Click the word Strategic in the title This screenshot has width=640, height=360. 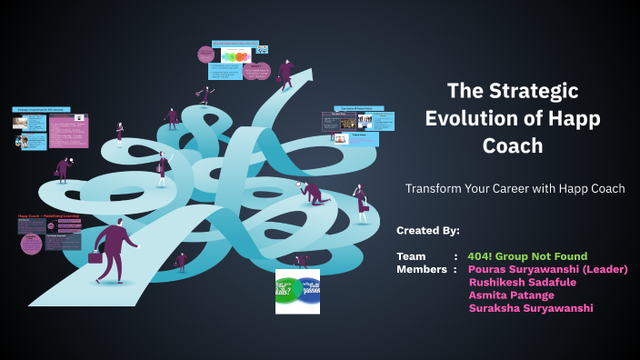[x=541, y=91]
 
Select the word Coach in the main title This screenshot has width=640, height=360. [x=513, y=146]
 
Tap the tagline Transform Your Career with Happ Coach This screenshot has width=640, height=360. [x=515, y=189]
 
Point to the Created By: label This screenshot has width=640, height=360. [x=428, y=230]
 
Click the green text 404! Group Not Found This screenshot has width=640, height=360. [x=527, y=256]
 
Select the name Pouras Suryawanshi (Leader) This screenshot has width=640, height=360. [x=547, y=269]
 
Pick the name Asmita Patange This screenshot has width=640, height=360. [x=510, y=295]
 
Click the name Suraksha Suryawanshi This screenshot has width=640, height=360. [x=531, y=308]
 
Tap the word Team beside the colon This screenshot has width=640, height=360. [x=412, y=256]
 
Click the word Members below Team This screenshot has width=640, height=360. [x=420, y=269]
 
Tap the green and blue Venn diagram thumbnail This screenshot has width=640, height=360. [x=297, y=291]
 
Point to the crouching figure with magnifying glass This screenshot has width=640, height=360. [x=312, y=191]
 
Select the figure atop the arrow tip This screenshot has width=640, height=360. [x=286, y=73]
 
